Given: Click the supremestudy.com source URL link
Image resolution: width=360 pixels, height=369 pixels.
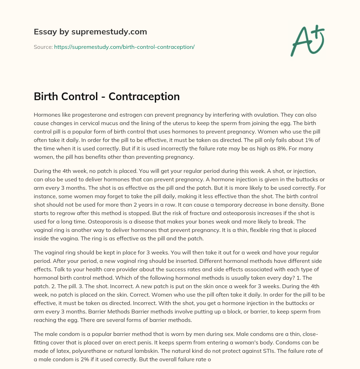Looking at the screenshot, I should (x=124, y=47).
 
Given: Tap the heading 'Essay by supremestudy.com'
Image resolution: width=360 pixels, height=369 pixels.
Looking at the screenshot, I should (x=90, y=32).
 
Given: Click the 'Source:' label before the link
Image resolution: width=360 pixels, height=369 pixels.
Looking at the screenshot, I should (x=43, y=47).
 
